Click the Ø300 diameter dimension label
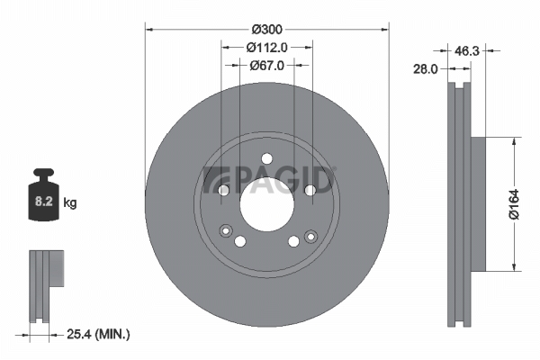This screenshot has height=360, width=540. (x=267, y=30)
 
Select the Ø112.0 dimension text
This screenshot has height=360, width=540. (x=267, y=47)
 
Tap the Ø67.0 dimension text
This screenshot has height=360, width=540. (x=267, y=65)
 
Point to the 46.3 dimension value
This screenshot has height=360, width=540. (x=466, y=51)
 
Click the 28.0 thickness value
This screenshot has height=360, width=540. (x=426, y=69)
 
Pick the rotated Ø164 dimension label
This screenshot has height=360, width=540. (x=514, y=204)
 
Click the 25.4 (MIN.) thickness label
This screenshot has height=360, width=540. (x=98, y=334)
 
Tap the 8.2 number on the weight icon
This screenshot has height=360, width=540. (x=44, y=201)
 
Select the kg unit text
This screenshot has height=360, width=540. (x=70, y=202)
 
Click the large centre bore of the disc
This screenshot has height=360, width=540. (x=267, y=204)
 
